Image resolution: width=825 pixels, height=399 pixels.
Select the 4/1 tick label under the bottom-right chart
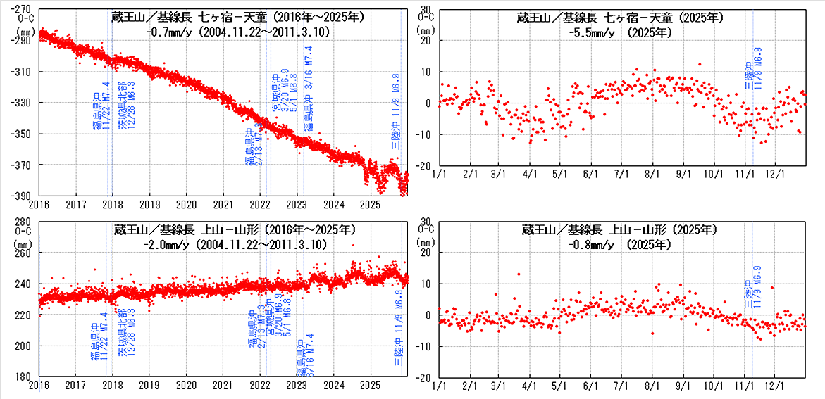[x=529, y=386]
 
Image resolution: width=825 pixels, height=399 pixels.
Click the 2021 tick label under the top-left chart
[x=223, y=204]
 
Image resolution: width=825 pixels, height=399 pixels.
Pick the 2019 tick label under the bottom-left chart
[x=149, y=386]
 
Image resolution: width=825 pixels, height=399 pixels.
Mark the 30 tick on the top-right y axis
[x=426, y=8]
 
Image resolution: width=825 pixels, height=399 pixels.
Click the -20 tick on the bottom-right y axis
[x=424, y=376]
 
